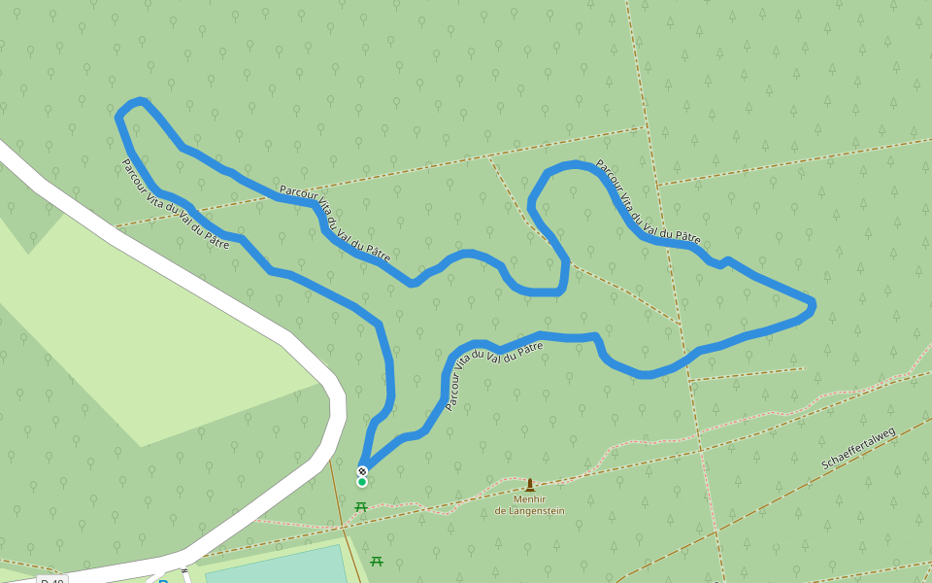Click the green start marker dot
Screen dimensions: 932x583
362,482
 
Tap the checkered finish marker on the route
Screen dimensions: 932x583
362,471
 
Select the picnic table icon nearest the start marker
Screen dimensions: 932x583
361,506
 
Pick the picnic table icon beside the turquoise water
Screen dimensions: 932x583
377,561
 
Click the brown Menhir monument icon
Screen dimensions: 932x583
530,485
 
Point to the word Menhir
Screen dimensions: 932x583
529,499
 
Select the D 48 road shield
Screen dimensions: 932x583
52,580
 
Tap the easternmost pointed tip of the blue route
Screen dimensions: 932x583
812,305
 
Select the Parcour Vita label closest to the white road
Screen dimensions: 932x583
175,205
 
